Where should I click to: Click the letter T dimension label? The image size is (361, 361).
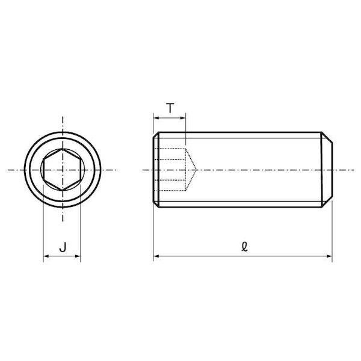[170, 108]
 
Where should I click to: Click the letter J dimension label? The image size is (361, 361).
[63, 247]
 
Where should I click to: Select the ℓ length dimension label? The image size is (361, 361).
[244, 247]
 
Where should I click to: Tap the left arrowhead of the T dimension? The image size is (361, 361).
[156, 118]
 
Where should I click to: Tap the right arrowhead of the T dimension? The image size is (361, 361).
[182, 118]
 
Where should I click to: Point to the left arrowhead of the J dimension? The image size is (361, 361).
[46, 256]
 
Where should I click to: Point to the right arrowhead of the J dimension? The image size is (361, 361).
[78, 256]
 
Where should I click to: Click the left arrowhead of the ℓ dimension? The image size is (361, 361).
[156, 256]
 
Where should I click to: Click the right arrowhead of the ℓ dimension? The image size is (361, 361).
[330, 256]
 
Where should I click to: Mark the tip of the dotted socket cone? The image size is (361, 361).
[196, 170]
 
